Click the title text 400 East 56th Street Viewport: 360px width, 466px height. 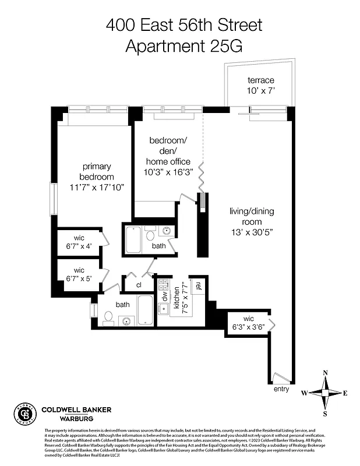(x=180, y=25)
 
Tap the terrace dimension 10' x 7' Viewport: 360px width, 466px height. (x=260, y=91)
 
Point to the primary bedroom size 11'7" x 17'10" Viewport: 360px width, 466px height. (x=98, y=187)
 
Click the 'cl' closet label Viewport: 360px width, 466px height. (x=139, y=285)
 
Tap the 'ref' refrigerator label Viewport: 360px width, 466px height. (x=198, y=285)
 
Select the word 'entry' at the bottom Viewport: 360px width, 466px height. (x=281, y=389)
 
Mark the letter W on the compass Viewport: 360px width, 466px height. (x=304, y=393)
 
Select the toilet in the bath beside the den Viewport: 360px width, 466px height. (x=150, y=236)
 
